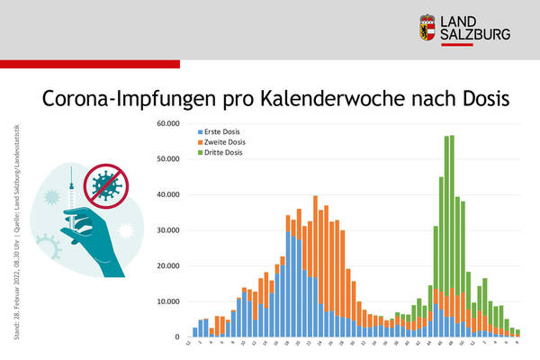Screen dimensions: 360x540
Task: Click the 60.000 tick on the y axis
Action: [167, 123]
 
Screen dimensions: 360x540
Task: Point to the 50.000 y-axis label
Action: [167, 159]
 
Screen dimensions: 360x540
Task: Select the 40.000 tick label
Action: [167, 194]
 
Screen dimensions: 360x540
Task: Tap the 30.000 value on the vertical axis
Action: [167, 230]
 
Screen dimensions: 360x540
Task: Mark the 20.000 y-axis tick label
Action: [167, 265]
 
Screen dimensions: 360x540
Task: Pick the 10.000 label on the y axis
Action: [167, 301]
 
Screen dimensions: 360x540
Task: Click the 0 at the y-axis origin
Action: [177, 337]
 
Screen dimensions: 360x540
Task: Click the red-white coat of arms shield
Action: [429, 26]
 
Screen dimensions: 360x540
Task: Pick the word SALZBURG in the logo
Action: [476, 34]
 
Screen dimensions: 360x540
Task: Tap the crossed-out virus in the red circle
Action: [103, 185]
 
